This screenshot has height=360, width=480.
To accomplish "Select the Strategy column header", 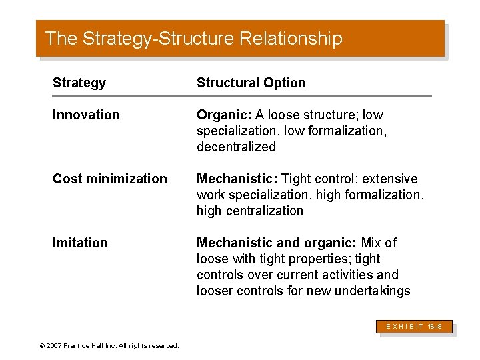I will coord(79,83).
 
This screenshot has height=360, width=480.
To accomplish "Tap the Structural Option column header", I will coord(251,83).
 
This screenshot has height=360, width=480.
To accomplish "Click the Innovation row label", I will coord(86,115).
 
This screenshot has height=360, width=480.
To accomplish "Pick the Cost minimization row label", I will coord(110,179).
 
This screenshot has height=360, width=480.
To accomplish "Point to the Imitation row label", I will coord(80,243).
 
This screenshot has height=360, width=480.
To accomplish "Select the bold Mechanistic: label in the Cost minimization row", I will coord(237,179).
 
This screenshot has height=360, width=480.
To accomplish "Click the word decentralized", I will coord(236,147).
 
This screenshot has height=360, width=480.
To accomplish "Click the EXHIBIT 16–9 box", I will coord(415,327).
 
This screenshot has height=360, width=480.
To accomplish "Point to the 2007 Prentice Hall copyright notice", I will coord(109,345).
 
